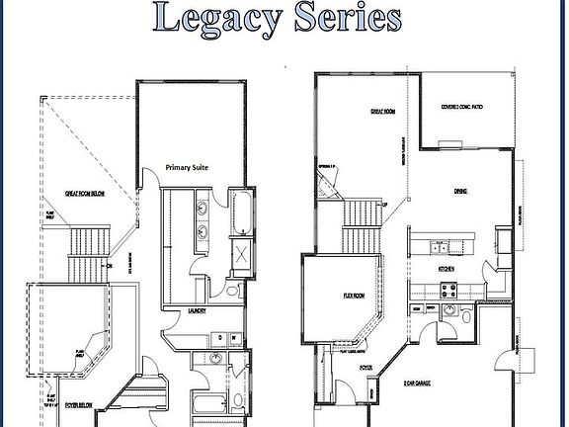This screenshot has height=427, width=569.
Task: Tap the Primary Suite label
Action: click(193, 168)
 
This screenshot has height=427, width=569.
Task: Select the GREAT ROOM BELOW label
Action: click(85, 194)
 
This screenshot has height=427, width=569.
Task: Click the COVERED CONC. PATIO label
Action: click(462, 109)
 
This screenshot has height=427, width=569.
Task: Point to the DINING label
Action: click(460, 191)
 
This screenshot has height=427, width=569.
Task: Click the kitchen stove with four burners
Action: click(447, 291)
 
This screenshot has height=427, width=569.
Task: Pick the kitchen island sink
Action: click(443, 246)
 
